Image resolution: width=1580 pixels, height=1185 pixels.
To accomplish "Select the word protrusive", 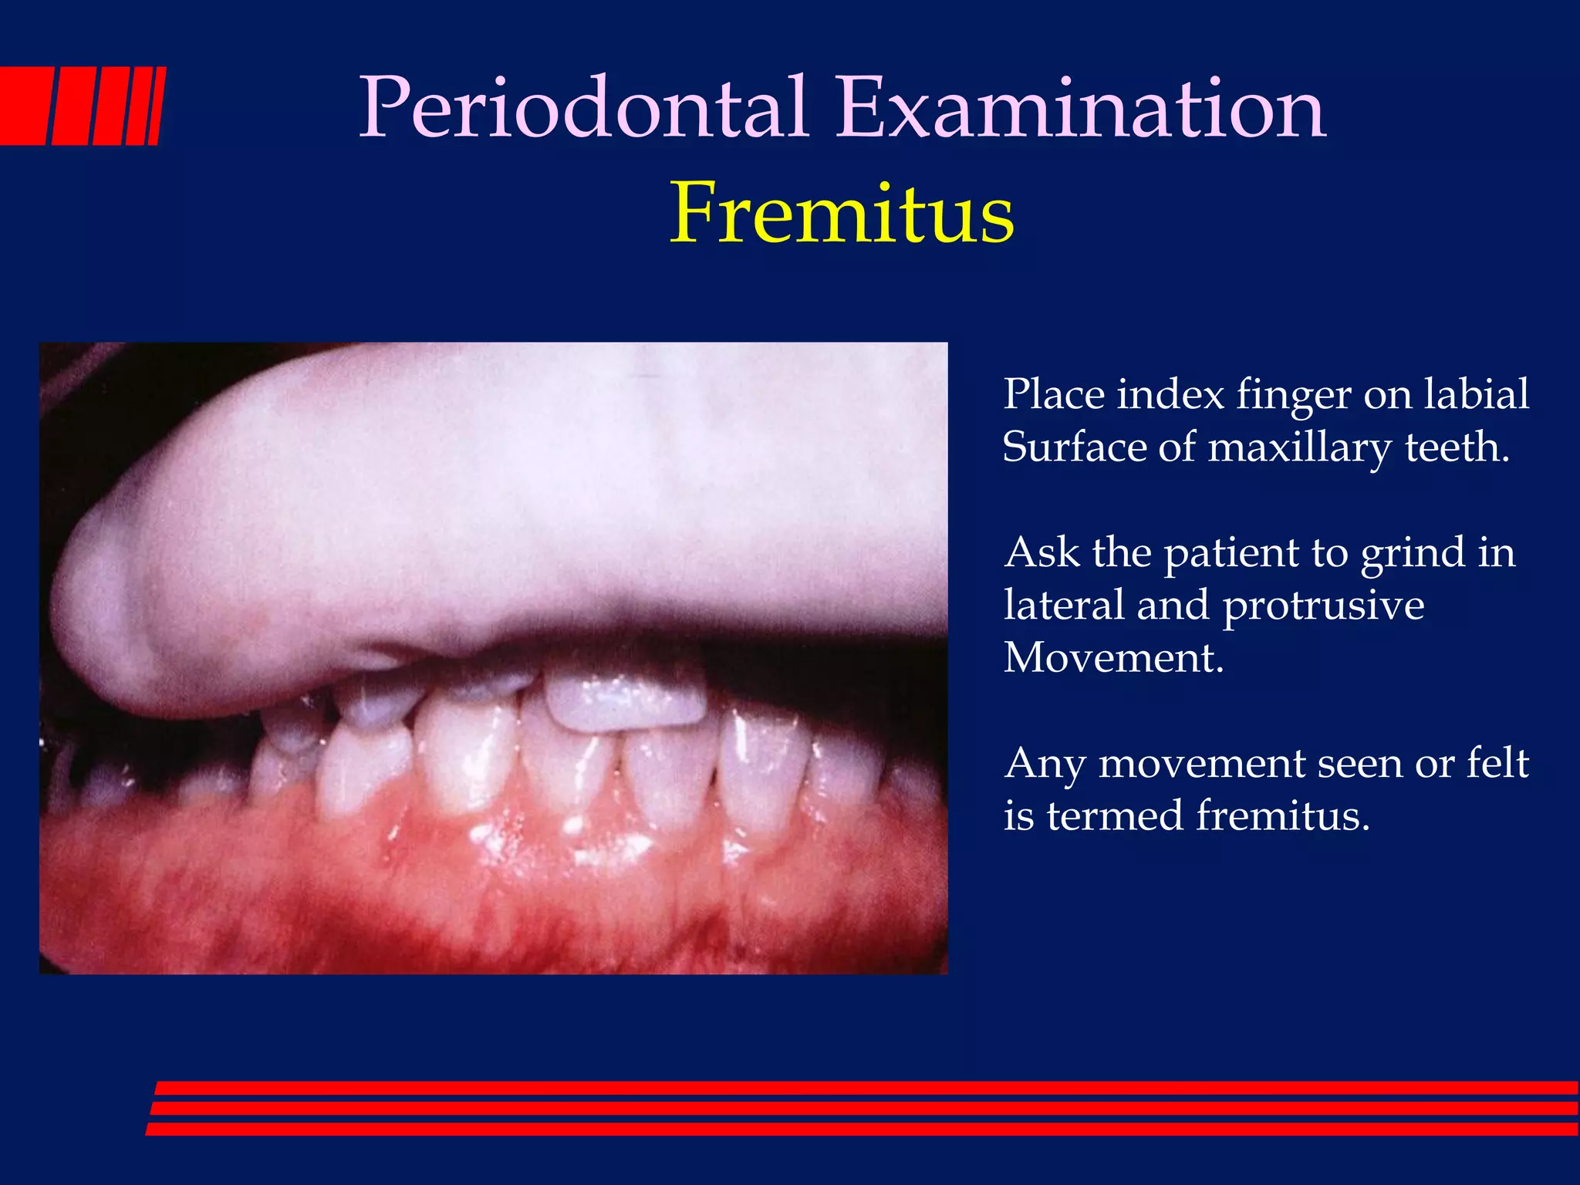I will [x=1323, y=606].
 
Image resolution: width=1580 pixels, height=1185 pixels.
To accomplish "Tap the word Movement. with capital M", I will [x=1113, y=657].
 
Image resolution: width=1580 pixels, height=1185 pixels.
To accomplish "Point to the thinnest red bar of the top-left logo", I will [x=157, y=106].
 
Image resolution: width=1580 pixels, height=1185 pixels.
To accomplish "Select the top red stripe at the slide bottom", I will [x=864, y=1088].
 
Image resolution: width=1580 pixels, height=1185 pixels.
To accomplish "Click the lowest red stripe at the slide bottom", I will [x=864, y=1129].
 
